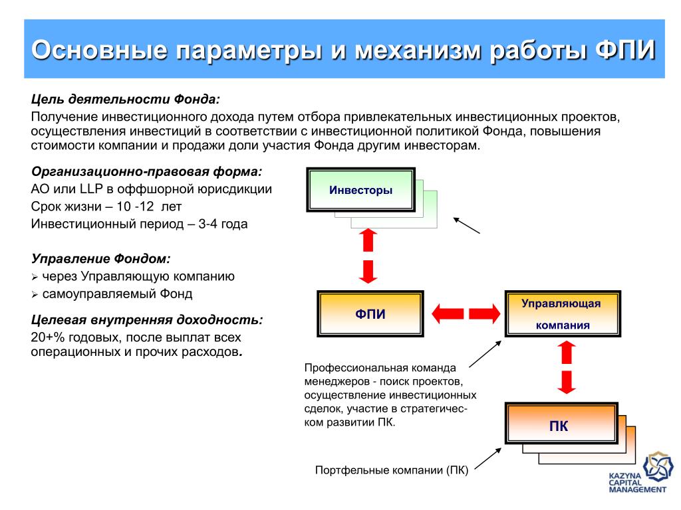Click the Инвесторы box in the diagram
tap(360, 190)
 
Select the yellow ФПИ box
tap(370, 313)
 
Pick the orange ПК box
tap(559, 426)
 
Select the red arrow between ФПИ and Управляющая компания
tap(466, 313)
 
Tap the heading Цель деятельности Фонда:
tap(126, 99)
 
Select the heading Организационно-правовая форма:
tap(147, 171)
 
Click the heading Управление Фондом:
tap(100, 258)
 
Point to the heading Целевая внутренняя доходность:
tap(147, 319)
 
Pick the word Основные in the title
tap(100, 50)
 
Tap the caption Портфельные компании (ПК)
tap(392, 471)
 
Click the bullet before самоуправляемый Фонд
tap(35, 294)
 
